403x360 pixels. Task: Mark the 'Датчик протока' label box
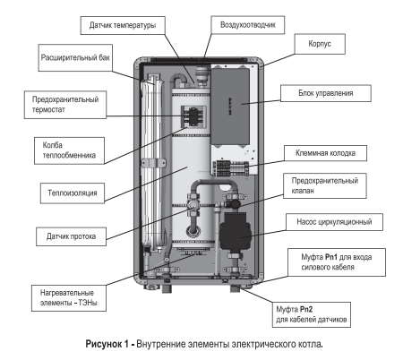point(77,237)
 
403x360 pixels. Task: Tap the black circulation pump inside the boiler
point(237,235)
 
